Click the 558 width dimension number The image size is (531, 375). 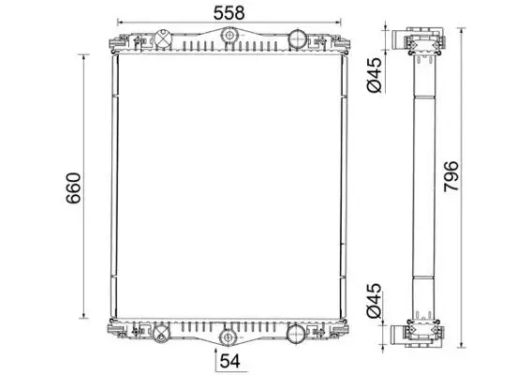[x=229, y=13]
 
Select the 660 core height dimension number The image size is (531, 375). [x=73, y=188]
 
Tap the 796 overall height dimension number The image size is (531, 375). [x=451, y=176]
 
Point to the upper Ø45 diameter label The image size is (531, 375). [x=375, y=75]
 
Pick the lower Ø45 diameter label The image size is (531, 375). [x=375, y=300]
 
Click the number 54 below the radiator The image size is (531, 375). [x=230, y=361]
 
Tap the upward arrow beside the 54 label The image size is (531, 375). [x=216, y=359]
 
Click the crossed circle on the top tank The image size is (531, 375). [x=164, y=38]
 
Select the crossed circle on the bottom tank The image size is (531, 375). [x=161, y=334]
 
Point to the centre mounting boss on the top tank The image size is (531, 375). [x=229, y=36]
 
